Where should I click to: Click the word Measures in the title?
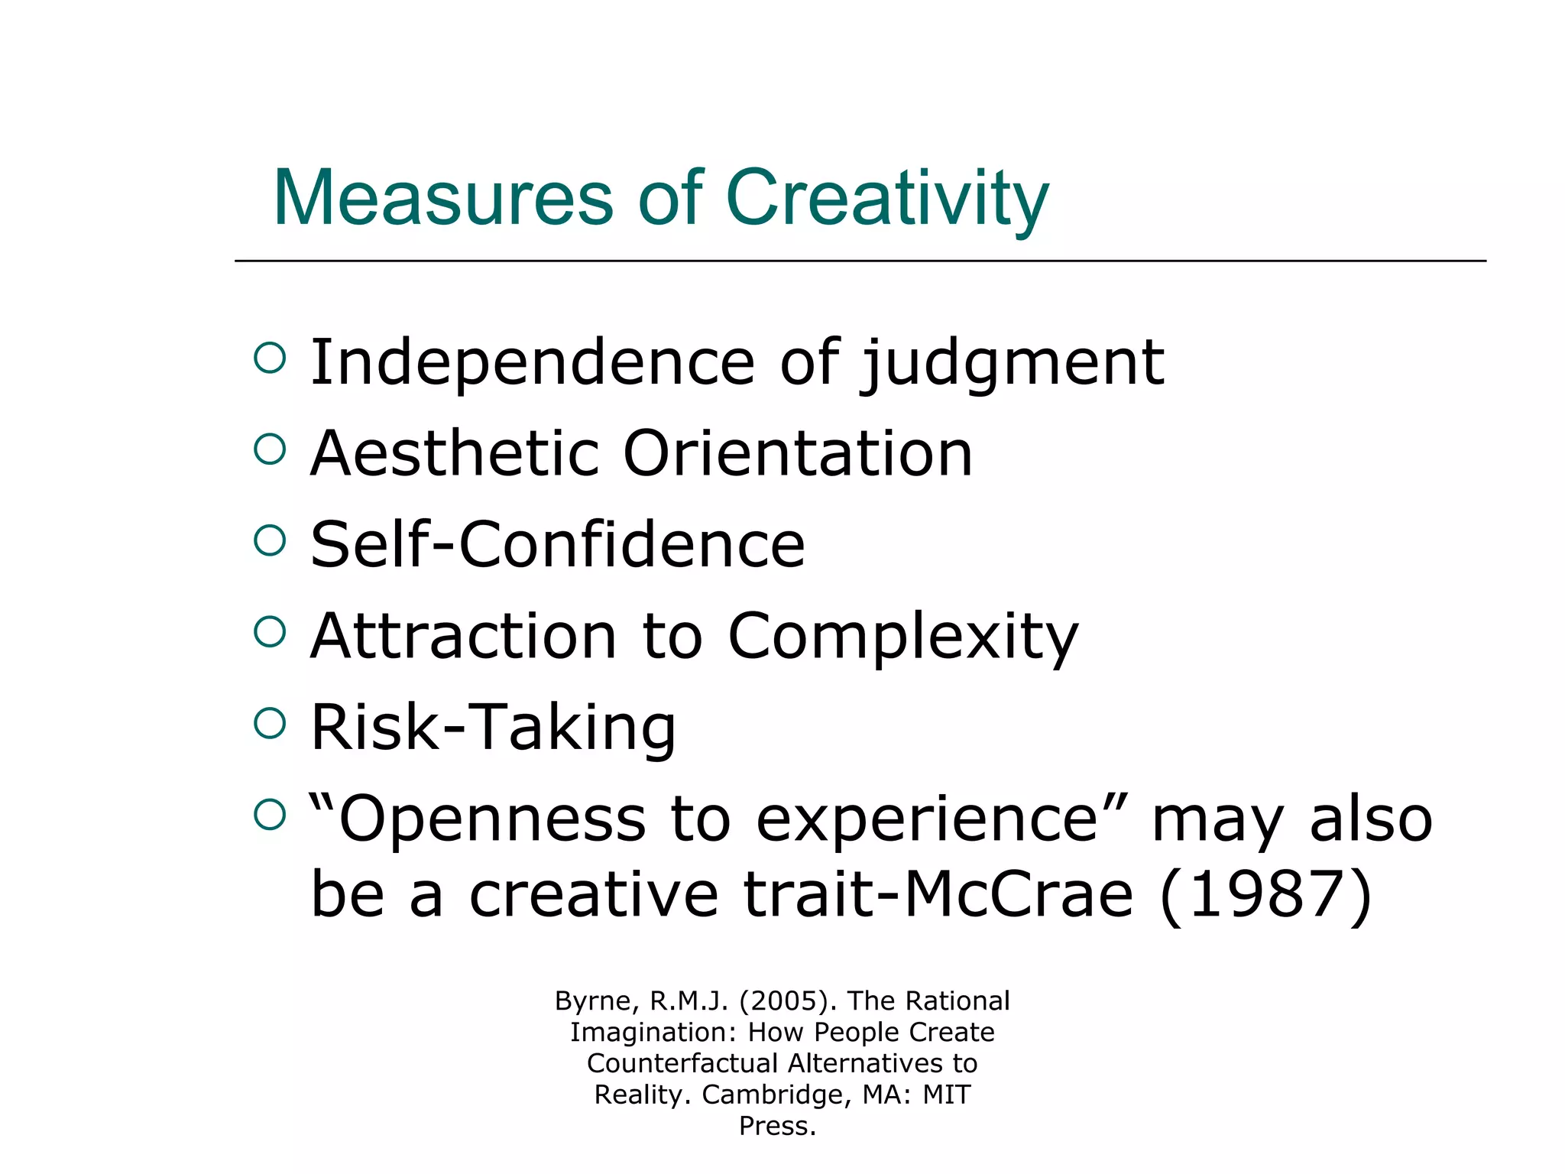point(443,198)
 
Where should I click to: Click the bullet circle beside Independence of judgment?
point(270,358)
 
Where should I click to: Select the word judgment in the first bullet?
point(1013,364)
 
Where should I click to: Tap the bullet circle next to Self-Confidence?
point(270,540)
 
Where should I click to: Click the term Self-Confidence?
point(557,544)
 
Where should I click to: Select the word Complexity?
point(902,637)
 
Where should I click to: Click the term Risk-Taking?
point(493,727)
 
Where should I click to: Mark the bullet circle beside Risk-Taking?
point(270,723)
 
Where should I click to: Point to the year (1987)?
point(1266,895)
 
